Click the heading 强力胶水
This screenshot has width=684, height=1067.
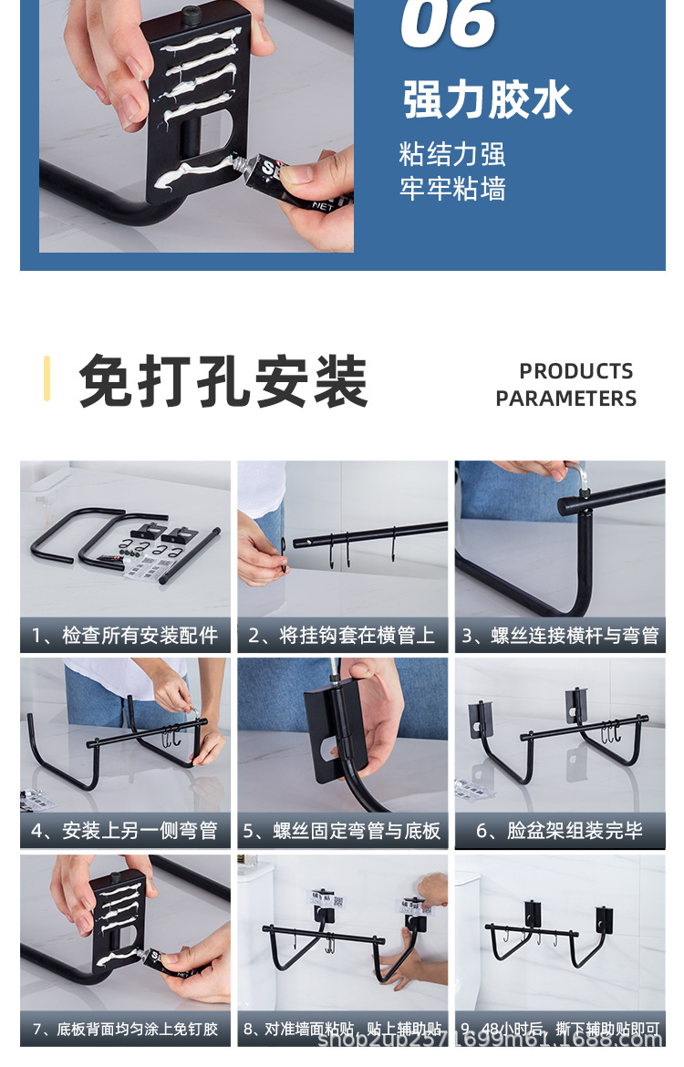coord(487,99)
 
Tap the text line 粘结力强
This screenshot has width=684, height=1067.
coord(451,153)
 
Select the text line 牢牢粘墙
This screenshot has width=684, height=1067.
coord(451,189)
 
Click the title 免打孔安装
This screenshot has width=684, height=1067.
coord(223,381)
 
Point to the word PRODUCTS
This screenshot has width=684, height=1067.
coord(575,371)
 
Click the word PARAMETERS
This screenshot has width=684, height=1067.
coord(565,399)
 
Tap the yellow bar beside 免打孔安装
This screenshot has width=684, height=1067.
coord(47,378)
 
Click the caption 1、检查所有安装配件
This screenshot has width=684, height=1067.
coord(125,636)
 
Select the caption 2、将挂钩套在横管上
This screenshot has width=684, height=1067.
coord(342,636)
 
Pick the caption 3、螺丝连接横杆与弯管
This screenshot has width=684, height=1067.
coord(559,636)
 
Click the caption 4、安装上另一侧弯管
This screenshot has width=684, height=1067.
coord(125,831)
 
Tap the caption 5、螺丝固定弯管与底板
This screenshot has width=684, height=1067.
coord(342,831)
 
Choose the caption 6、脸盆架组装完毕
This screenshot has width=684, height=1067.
coord(559,831)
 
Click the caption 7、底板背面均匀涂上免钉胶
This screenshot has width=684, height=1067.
coord(125,1029)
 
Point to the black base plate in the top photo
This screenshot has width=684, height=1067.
coord(196,100)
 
